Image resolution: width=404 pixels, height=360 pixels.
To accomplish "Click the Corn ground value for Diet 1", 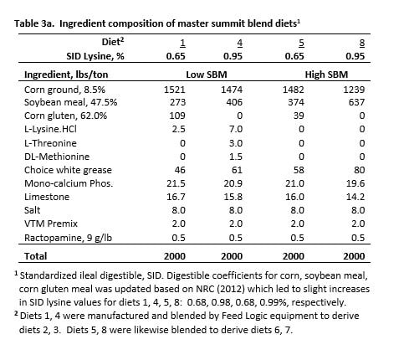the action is [x=175, y=90].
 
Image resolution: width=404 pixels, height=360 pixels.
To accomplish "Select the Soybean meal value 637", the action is [x=356, y=102].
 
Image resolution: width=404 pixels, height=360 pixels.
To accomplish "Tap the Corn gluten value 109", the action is [x=177, y=116].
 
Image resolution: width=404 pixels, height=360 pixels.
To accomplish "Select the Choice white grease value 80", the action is [x=359, y=170].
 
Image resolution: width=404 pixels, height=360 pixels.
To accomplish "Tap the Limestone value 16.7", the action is [x=176, y=197].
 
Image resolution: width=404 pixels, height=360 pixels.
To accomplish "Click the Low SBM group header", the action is [x=207, y=75].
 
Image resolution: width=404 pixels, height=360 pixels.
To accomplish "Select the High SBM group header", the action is [x=326, y=75].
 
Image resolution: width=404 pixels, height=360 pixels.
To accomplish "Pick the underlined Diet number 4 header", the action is [x=240, y=43].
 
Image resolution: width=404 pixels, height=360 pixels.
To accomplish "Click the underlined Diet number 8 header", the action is [x=362, y=43].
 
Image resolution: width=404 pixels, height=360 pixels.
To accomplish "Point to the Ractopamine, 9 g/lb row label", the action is [x=68, y=238].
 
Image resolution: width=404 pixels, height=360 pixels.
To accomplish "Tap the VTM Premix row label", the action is [x=51, y=224].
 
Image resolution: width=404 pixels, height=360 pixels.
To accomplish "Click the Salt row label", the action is [x=32, y=210].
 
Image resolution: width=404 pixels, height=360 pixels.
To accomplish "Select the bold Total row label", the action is [x=35, y=256].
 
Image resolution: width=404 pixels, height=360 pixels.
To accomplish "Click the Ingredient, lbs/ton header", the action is [x=66, y=75].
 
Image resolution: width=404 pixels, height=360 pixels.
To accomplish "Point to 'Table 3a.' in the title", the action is [x=35, y=23].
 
